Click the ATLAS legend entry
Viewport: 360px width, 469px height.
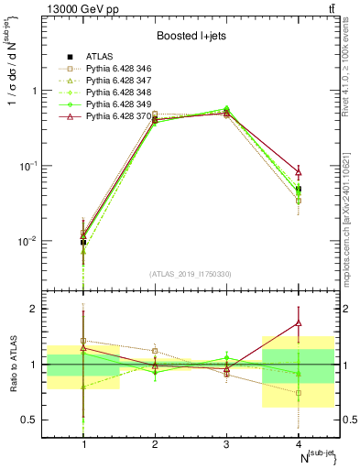click(96, 57)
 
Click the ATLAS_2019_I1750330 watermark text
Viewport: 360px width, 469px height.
click(191, 274)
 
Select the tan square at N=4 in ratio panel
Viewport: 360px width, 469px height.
click(298, 393)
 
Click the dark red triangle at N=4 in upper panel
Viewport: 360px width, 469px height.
click(298, 172)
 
